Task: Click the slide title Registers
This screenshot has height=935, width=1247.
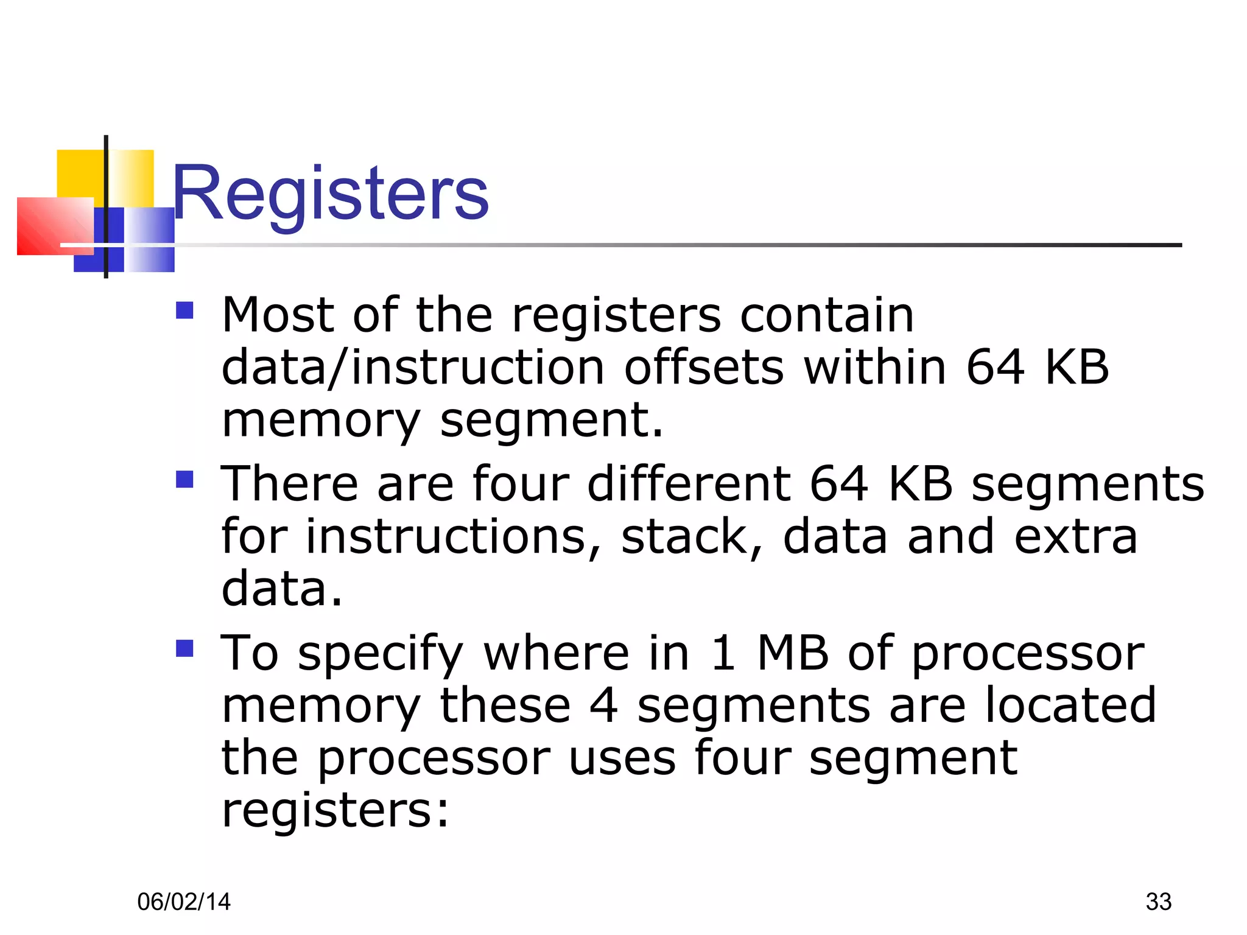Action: [330, 194]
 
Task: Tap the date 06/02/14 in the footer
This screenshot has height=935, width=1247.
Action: [184, 902]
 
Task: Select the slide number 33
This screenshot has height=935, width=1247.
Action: [1158, 902]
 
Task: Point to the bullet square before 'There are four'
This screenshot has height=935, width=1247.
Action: [184, 480]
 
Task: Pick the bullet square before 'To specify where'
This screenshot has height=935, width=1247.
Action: [184, 648]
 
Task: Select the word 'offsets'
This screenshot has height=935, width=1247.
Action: [704, 368]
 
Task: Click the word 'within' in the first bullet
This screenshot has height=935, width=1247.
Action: [875, 368]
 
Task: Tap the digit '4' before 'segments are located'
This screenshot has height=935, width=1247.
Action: [603, 706]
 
